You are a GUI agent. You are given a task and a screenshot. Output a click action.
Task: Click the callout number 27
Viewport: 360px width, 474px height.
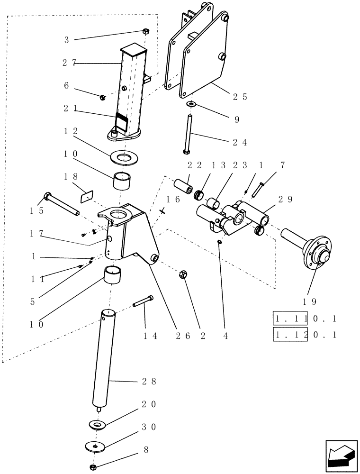tap(69, 63)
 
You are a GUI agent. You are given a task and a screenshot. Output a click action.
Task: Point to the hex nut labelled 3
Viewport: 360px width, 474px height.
tap(146, 32)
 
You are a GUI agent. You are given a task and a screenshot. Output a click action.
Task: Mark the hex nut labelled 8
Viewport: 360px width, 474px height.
tap(94, 467)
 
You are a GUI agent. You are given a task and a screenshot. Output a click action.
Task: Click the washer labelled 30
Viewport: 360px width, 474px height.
tap(96, 446)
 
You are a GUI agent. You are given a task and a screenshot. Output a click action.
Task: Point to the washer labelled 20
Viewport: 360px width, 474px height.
tap(98, 424)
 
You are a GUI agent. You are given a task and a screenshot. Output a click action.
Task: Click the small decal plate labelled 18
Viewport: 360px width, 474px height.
tap(87, 195)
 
